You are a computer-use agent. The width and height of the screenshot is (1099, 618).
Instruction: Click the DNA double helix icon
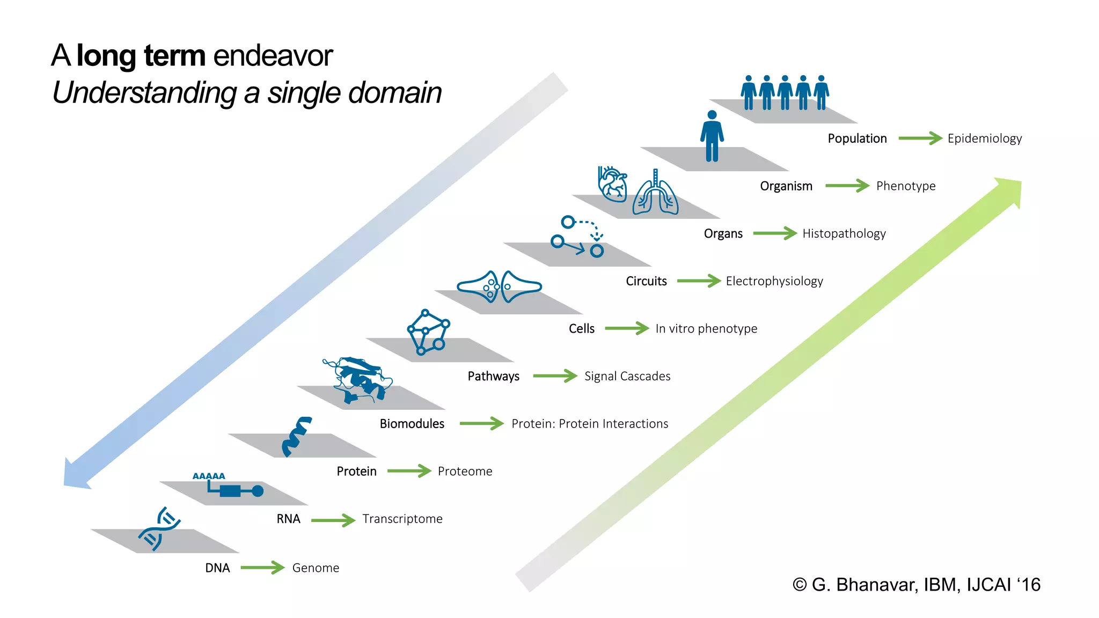tap(159, 529)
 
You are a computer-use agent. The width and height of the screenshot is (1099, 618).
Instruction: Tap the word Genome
tap(316, 568)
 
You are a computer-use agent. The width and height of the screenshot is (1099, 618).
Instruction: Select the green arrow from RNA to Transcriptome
tap(333, 519)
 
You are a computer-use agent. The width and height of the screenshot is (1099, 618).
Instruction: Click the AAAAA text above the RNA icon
tap(209, 476)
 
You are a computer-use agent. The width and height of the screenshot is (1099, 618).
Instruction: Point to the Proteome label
tap(465, 471)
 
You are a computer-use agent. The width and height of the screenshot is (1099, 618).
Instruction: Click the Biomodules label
tap(412, 424)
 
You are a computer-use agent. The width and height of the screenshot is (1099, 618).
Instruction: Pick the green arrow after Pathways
tap(554, 376)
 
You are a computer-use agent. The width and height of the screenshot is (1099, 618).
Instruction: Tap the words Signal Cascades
tap(627, 376)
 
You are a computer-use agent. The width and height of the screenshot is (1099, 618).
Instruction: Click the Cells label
tap(582, 328)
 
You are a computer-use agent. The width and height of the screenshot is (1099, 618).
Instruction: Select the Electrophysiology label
tap(774, 281)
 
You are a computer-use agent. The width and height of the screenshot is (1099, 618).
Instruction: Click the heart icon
tap(612, 184)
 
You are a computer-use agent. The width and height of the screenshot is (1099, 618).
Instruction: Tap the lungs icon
tap(655, 194)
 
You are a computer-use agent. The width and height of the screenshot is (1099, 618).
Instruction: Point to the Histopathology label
tap(844, 233)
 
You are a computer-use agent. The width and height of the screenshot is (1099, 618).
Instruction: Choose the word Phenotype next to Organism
tap(905, 186)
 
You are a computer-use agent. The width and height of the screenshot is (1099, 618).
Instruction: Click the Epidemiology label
tap(984, 138)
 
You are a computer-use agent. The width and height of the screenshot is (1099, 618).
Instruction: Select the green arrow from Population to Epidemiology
tap(920, 138)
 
